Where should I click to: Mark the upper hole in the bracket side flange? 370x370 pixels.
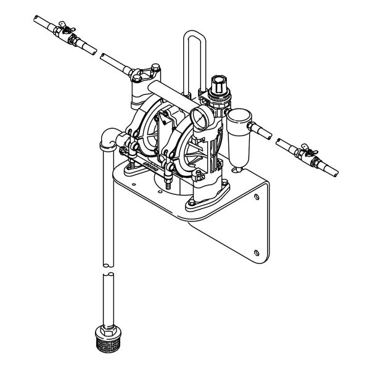(257, 197)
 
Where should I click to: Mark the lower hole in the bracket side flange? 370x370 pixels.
(257, 251)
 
